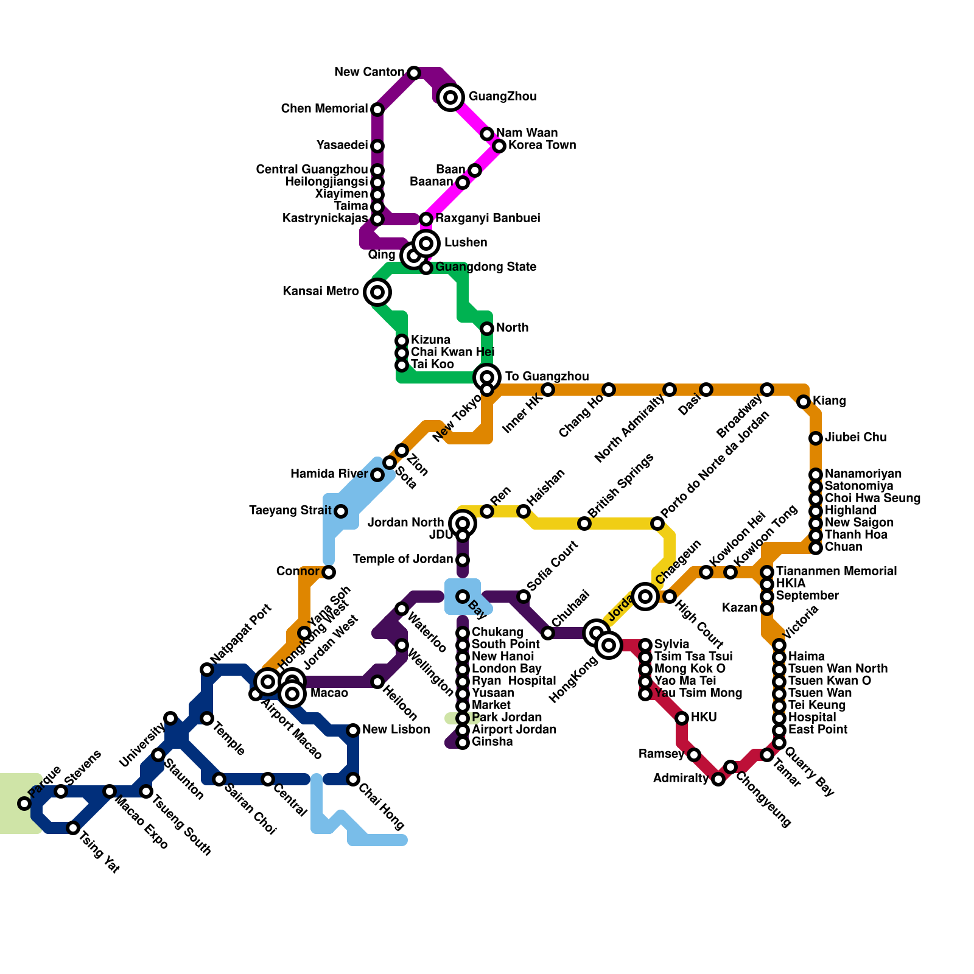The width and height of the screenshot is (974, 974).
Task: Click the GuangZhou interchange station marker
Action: point(450,97)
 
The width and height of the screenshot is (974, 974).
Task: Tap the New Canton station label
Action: point(369,73)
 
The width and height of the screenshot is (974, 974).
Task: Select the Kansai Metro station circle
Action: point(377,292)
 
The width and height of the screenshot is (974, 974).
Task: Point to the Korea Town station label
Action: point(542,145)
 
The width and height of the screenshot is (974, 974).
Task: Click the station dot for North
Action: point(487,329)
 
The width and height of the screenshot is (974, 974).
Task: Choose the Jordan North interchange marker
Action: point(463,523)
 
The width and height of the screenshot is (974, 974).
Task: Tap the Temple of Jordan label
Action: point(403,559)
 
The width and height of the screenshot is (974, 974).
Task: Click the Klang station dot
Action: point(804,402)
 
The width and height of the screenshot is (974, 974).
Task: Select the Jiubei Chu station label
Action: point(855,438)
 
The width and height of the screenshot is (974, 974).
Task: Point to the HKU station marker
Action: point(682,718)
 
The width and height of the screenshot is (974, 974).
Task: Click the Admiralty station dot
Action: point(718,779)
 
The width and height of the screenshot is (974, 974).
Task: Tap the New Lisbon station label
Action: point(396,730)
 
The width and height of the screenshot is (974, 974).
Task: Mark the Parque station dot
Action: point(24,804)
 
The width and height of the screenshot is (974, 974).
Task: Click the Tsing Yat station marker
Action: point(73,828)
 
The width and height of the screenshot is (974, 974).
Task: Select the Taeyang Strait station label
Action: point(290,511)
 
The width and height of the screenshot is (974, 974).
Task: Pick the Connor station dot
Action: point(329,572)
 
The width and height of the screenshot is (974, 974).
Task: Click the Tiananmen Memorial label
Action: point(836,572)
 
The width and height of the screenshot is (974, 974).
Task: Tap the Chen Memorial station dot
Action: point(377,110)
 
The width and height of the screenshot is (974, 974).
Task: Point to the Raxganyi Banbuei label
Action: point(487,219)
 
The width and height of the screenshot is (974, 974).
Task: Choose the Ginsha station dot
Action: point(463,743)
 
